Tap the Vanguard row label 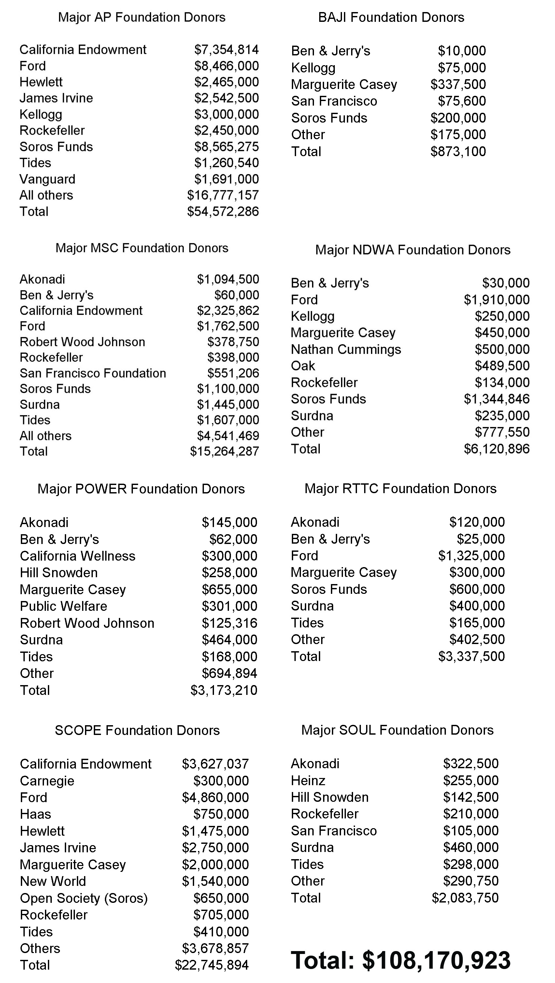pyautogui.click(x=47, y=179)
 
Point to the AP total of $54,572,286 pyautogui.click(x=223, y=212)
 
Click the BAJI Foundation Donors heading pyautogui.click(x=391, y=18)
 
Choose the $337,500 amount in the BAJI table pyautogui.click(x=458, y=84)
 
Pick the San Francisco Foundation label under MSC pyautogui.click(x=93, y=373)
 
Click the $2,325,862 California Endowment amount pyautogui.click(x=228, y=311)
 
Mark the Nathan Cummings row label pyautogui.click(x=346, y=349)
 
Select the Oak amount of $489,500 pyautogui.click(x=502, y=366)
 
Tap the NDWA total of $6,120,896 pyautogui.click(x=497, y=449)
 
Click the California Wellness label pyautogui.click(x=78, y=556)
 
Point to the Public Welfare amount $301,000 pyautogui.click(x=229, y=606)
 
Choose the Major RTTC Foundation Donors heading pyautogui.click(x=400, y=489)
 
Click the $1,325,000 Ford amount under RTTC pyautogui.click(x=472, y=556)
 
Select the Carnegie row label pyautogui.click(x=47, y=781)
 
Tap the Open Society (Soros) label pyautogui.click(x=83, y=898)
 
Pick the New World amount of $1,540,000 pyautogui.click(x=215, y=882)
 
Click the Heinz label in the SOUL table pyautogui.click(x=308, y=781)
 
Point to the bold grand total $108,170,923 pyautogui.click(x=401, y=961)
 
